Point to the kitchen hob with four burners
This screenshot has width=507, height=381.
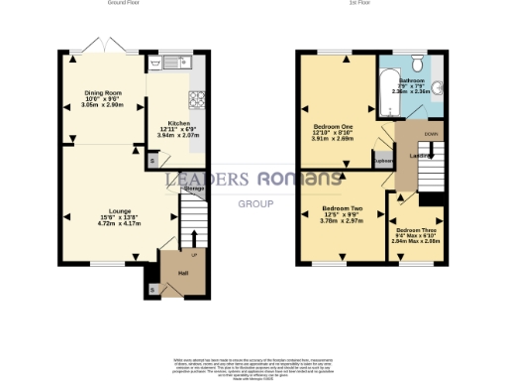tap(195, 100)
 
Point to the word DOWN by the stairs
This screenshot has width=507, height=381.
tap(429, 132)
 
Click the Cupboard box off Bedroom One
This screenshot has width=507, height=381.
tap(383, 159)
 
